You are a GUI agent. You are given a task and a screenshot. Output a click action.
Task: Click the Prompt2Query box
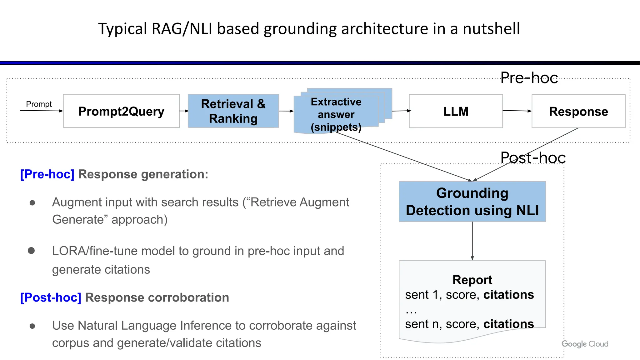[x=121, y=111]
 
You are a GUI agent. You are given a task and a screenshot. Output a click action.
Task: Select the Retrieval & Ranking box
[x=233, y=111]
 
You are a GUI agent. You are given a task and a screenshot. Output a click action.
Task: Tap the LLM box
[x=456, y=111]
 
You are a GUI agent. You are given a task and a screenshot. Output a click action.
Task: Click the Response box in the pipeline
[x=578, y=111]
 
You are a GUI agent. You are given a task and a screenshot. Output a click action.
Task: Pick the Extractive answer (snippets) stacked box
[x=336, y=114]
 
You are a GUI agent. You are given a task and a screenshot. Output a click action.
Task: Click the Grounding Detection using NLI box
[x=472, y=202]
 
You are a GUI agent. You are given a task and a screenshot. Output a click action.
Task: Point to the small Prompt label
[x=39, y=104]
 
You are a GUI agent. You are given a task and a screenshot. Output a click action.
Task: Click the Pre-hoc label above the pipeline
[x=529, y=78]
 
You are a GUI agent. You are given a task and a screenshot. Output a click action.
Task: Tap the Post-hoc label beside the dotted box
[x=533, y=157]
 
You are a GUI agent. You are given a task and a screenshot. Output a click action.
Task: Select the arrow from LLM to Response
[x=517, y=111]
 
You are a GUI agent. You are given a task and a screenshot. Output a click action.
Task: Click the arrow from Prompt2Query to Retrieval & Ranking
[x=184, y=111]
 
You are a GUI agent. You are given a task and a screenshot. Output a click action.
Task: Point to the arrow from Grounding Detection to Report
[x=472, y=241]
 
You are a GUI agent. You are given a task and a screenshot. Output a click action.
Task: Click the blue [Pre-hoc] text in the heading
[x=47, y=174]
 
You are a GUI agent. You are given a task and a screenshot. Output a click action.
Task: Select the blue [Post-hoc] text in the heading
[x=51, y=297]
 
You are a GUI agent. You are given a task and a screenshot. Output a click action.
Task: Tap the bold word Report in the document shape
[x=472, y=280]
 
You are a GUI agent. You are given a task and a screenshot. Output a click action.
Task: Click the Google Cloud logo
[x=585, y=344]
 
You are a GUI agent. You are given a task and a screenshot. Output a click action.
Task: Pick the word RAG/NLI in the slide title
[x=182, y=29]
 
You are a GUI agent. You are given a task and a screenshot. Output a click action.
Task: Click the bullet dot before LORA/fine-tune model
[x=31, y=251]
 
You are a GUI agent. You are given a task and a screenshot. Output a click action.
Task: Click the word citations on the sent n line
[x=508, y=324]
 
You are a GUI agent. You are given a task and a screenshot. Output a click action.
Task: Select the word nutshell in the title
[x=491, y=29]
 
